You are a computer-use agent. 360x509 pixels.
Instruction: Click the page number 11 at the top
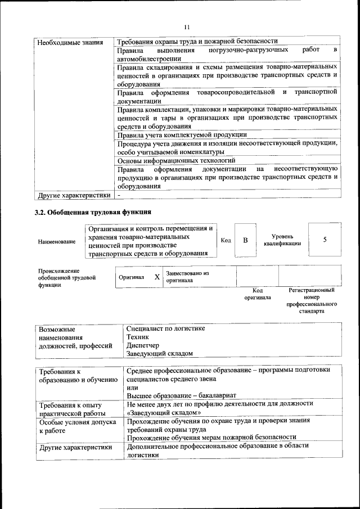(187, 26)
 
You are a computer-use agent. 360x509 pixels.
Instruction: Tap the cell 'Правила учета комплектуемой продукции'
(182, 135)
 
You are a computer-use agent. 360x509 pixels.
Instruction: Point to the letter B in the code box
(245, 240)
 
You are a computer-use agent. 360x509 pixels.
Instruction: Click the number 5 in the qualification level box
(325, 240)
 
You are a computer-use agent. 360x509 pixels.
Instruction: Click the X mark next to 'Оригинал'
(157, 277)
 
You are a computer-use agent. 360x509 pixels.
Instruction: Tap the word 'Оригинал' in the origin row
(131, 277)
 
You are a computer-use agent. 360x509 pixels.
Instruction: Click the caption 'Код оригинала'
(257, 294)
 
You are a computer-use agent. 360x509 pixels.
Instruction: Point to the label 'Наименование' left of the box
(57, 241)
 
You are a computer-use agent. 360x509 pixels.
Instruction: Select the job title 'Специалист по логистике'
(166, 328)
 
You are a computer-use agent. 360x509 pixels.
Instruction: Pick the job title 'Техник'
(138, 336)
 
